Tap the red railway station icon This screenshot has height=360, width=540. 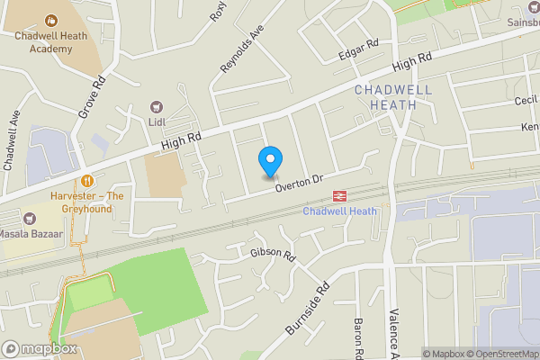340,194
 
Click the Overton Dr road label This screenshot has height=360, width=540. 299,180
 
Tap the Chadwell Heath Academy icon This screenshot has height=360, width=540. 49,18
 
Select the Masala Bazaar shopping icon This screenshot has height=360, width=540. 30,217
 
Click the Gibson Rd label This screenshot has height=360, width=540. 274,255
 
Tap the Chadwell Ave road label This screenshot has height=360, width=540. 12,140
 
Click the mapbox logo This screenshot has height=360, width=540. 39,348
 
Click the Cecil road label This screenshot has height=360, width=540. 525,102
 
